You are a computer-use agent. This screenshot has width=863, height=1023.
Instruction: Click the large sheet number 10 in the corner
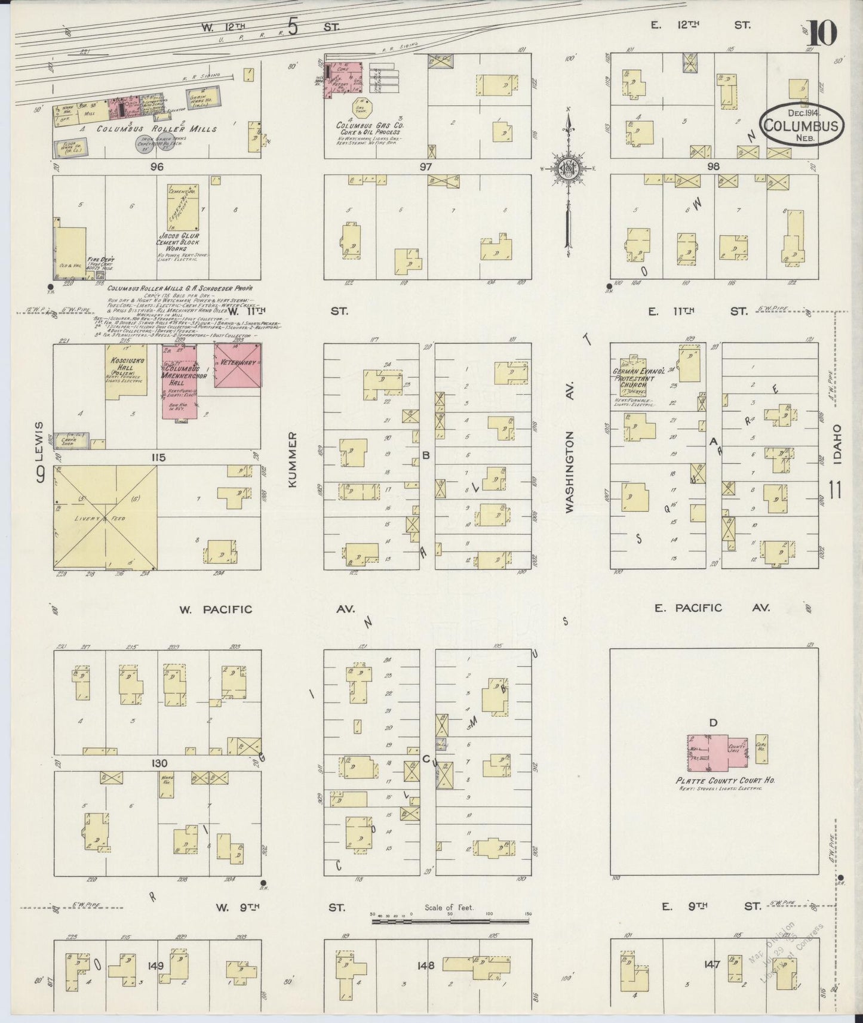click(823, 33)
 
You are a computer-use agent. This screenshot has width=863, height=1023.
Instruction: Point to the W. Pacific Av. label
click(215, 609)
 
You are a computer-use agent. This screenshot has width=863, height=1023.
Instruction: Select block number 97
click(425, 167)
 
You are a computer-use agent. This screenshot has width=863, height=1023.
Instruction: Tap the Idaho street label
click(836, 445)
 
